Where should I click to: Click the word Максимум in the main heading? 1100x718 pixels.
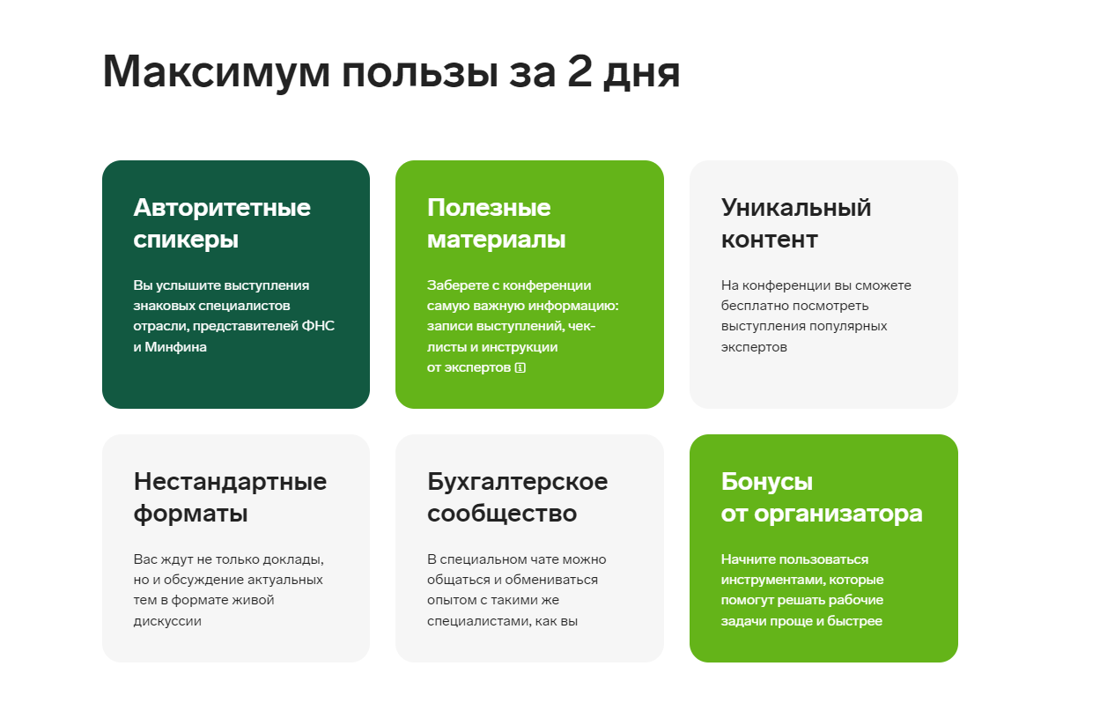point(216,71)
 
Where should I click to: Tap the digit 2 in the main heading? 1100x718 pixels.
point(580,70)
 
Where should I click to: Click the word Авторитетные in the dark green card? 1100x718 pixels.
point(222,208)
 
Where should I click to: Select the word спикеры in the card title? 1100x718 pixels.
point(186,241)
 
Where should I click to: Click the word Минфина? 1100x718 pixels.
point(176,347)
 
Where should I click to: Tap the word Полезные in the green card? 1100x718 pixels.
point(489,208)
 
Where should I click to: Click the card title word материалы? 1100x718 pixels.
point(497,241)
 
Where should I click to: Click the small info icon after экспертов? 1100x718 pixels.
point(520,368)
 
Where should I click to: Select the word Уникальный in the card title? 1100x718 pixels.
point(796,208)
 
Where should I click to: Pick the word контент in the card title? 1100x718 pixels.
point(770,241)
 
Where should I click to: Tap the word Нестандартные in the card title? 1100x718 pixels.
point(231,482)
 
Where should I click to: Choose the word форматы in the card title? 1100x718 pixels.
point(190,514)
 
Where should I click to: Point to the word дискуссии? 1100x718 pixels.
point(167,621)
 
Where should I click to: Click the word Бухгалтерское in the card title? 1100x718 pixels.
point(518,482)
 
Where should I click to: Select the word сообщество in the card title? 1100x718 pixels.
point(502,514)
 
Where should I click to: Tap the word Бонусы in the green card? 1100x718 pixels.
point(767,482)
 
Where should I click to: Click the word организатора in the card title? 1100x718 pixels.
point(838,514)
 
